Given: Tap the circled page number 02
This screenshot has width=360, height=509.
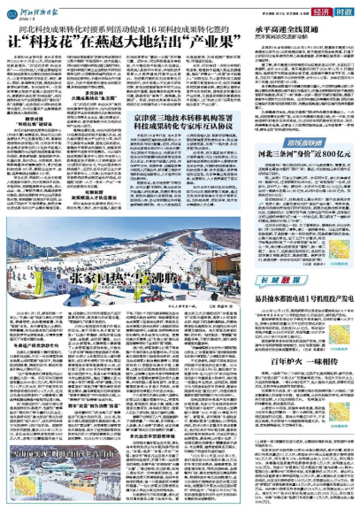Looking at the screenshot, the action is [x=11, y=10].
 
